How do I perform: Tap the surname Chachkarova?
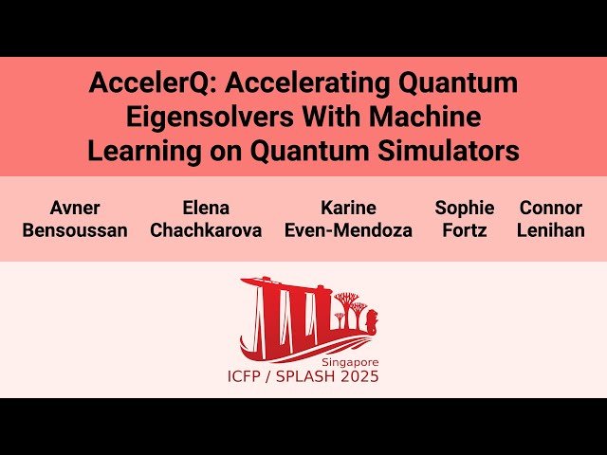(x=206, y=230)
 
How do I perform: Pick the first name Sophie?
(x=465, y=208)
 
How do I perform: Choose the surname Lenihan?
(x=551, y=230)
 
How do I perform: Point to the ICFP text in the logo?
(x=248, y=377)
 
